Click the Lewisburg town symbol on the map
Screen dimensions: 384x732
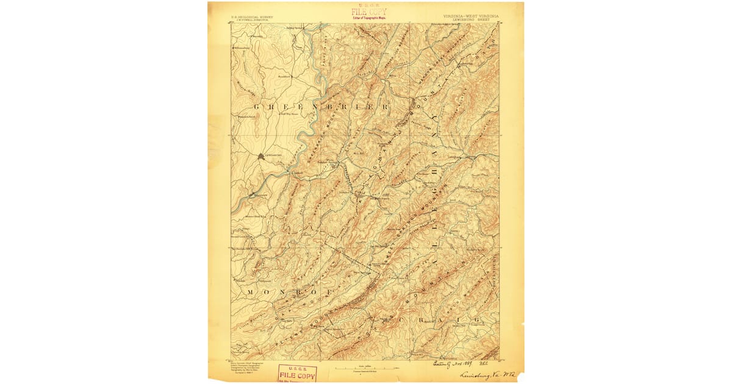[261, 156]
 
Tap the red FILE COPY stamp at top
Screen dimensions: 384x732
[368, 12]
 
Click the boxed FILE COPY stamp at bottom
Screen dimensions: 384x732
[297, 374]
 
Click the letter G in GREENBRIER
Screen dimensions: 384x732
[256, 108]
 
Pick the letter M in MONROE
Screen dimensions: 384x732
[251, 293]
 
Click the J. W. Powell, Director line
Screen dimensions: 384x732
[250, 20]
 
